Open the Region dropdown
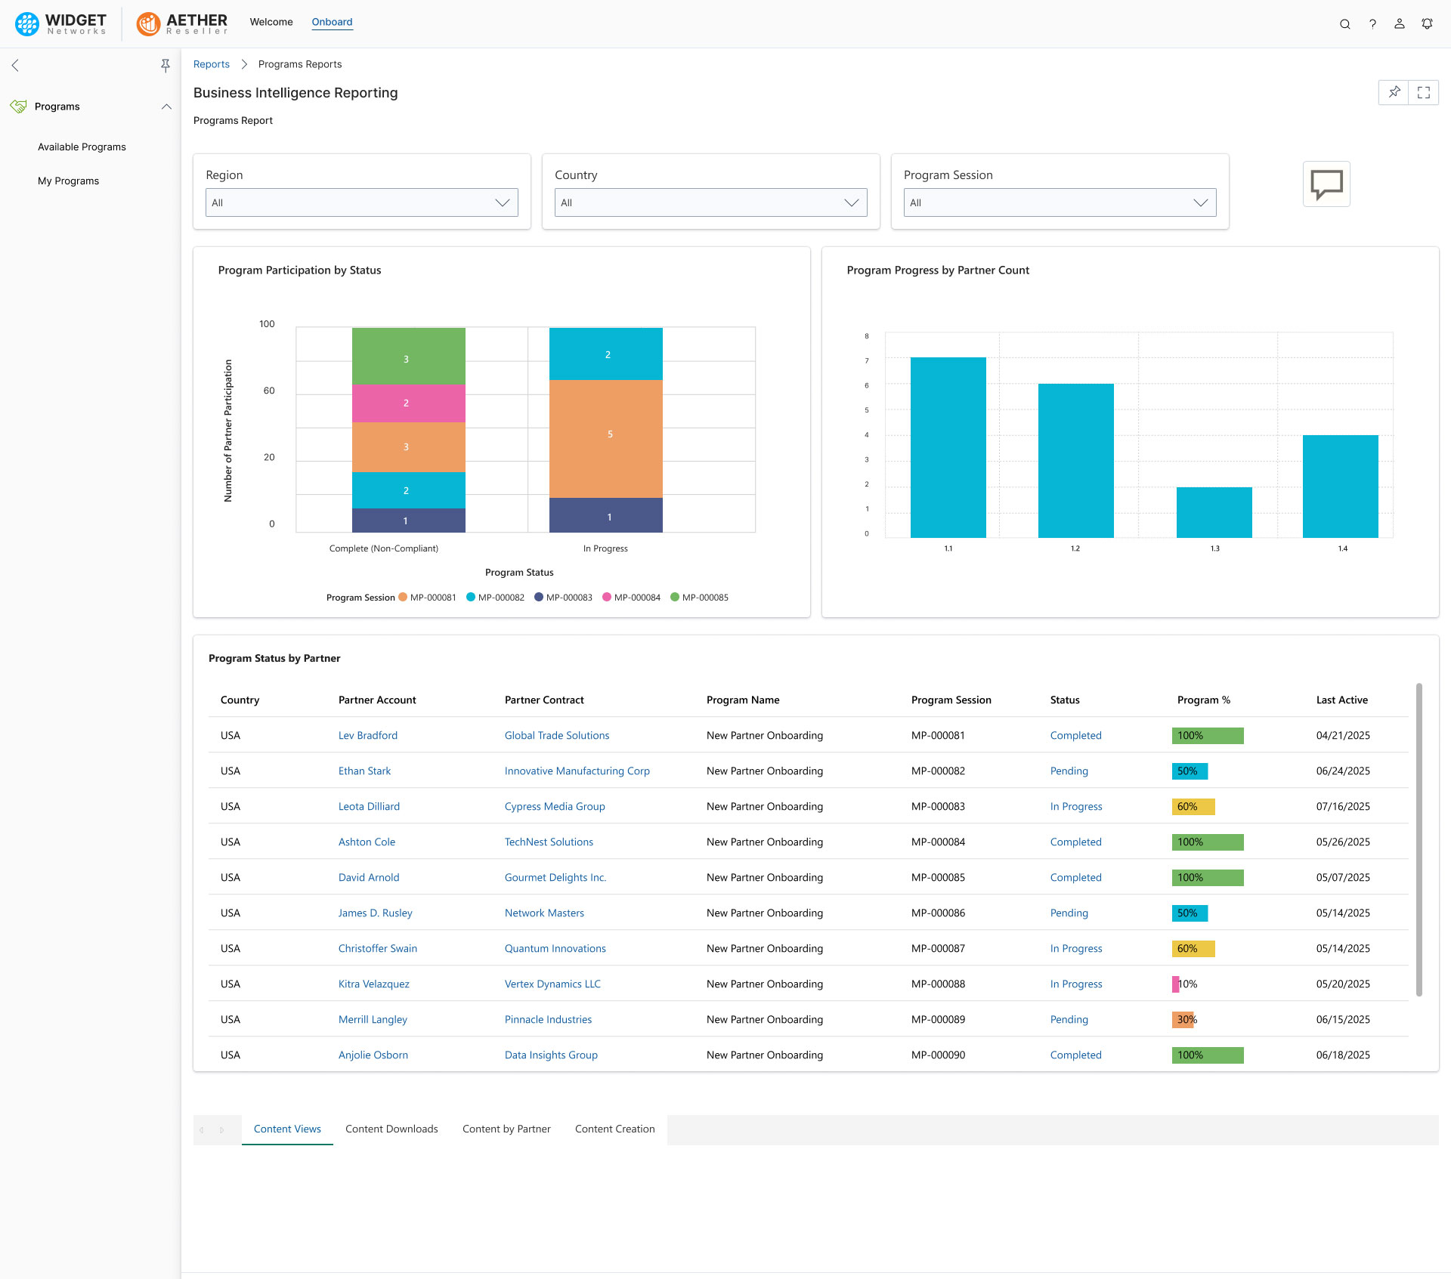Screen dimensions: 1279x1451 tap(361, 202)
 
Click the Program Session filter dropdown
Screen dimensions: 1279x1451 tap(1059, 202)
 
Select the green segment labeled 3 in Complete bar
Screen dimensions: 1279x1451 tap(408, 357)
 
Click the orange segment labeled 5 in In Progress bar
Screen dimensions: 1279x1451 tap(605, 438)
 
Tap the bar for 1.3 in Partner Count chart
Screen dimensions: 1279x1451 tap(1214, 512)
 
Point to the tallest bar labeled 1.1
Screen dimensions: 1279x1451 tap(948, 447)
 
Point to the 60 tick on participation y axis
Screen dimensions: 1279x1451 tap(269, 391)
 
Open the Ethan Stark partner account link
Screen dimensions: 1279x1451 tap(364, 771)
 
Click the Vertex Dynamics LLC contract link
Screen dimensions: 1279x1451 tap(552, 984)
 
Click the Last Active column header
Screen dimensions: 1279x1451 tap(1341, 700)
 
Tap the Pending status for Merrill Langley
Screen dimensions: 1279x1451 tap(1069, 1019)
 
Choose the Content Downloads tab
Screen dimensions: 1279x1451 tap(391, 1129)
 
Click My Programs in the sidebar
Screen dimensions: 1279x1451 tap(68, 181)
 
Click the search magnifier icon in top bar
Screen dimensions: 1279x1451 tap(1344, 24)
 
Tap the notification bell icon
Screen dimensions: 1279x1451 tap(1427, 24)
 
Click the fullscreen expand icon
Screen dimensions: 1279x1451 tap(1424, 92)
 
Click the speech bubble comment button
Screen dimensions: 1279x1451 tap(1326, 184)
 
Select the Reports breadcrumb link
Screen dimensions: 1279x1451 tap(211, 64)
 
